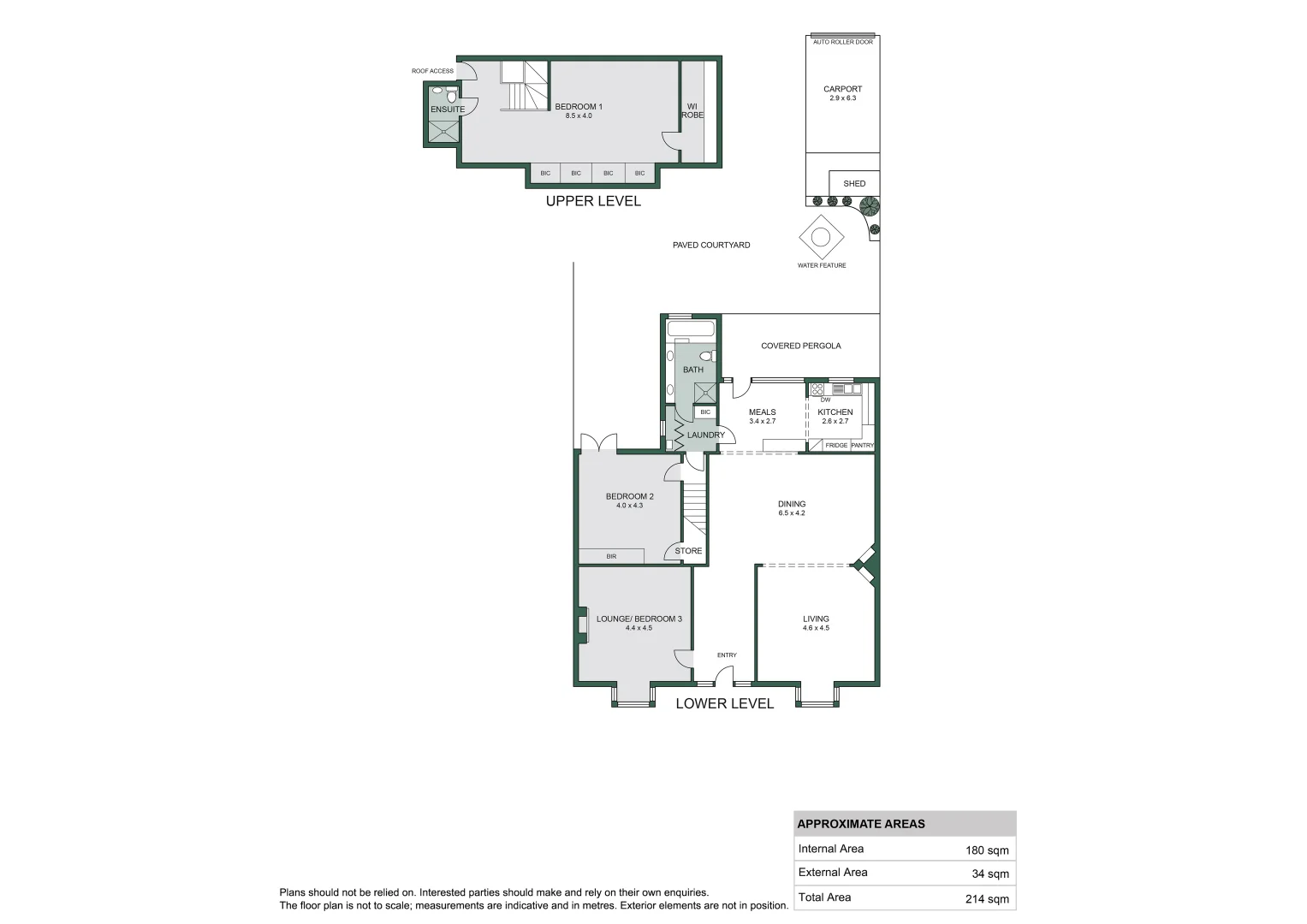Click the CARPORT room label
tap(842, 89)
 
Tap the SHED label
tap(854, 184)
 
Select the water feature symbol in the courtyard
tap(821, 237)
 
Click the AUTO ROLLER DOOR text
tap(843, 42)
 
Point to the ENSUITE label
tap(448, 110)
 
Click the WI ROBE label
tap(692, 111)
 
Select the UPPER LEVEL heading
tap(593, 201)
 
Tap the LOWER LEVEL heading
tap(724, 703)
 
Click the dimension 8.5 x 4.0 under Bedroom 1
tap(579, 116)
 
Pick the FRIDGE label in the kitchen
tap(836, 446)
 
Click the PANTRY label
tap(863, 446)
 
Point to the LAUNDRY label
tap(706, 435)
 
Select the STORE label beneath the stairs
tap(688, 551)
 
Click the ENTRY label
tap(727, 655)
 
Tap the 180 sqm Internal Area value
tap(987, 850)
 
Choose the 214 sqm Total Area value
tap(987, 898)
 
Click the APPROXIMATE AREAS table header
tap(861, 824)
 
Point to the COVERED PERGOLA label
tap(801, 346)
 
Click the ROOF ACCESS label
tap(432, 71)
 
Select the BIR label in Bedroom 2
tap(611, 556)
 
